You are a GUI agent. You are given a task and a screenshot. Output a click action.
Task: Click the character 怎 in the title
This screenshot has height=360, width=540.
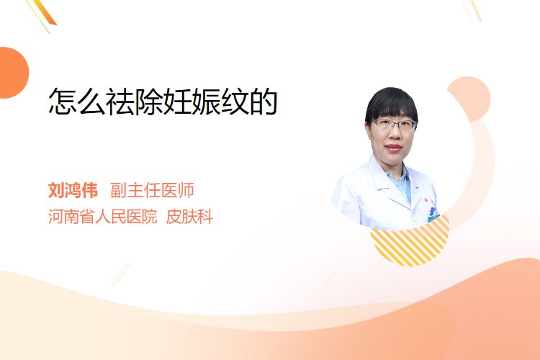coord(62,101)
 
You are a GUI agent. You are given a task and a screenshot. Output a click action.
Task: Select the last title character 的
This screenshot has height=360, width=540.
coord(264,101)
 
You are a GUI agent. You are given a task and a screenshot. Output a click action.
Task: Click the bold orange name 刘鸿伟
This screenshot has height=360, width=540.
coord(73,190)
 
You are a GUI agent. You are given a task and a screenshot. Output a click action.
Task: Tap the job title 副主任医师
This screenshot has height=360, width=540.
coord(152,190)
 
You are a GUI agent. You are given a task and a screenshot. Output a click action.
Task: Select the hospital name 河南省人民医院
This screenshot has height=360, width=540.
coord(102,217)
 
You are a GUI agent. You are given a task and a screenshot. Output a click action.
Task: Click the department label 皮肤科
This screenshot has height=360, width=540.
coord(189,217)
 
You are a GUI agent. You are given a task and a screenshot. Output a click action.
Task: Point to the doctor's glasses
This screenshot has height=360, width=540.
coord(394,125)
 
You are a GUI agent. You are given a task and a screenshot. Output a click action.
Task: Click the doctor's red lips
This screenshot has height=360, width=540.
coord(394,148)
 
